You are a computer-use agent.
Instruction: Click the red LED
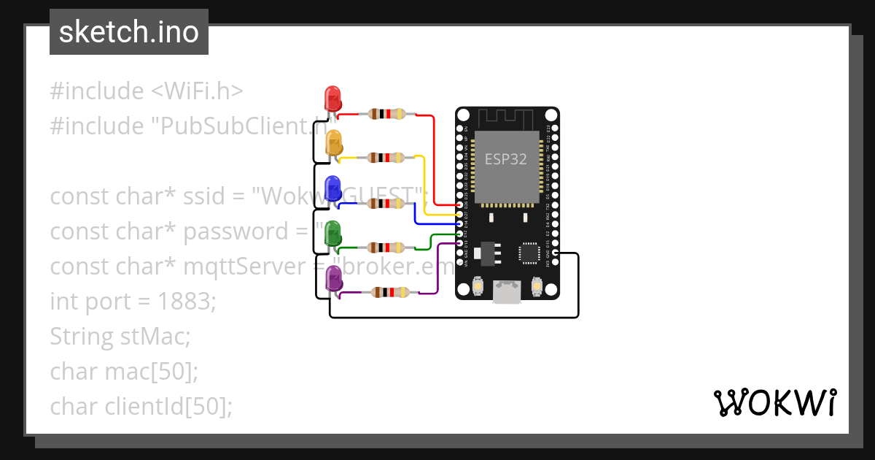coord(332,98)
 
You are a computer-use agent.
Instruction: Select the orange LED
coord(333,142)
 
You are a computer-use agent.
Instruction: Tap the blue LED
coord(332,187)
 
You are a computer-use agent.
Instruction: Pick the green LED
coord(332,232)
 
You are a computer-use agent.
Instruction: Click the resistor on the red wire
coord(386,114)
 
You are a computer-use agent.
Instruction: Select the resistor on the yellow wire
coord(386,158)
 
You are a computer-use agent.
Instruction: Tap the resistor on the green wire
coord(386,248)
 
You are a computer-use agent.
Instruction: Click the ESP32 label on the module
coord(506,158)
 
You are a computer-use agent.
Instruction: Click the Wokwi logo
coord(774,402)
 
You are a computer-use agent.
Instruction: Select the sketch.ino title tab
coord(129,32)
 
